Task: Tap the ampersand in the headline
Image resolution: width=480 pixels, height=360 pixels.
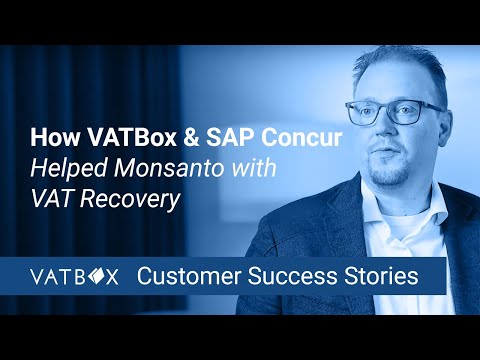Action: (x=165, y=135)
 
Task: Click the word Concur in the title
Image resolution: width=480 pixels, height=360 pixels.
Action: (x=254, y=135)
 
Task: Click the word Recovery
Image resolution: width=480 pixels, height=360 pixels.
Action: (x=136, y=199)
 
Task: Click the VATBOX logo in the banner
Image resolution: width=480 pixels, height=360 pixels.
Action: (x=75, y=275)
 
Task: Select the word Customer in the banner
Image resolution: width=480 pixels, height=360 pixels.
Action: (x=183, y=275)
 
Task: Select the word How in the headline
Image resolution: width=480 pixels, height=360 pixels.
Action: (x=52, y=135)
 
